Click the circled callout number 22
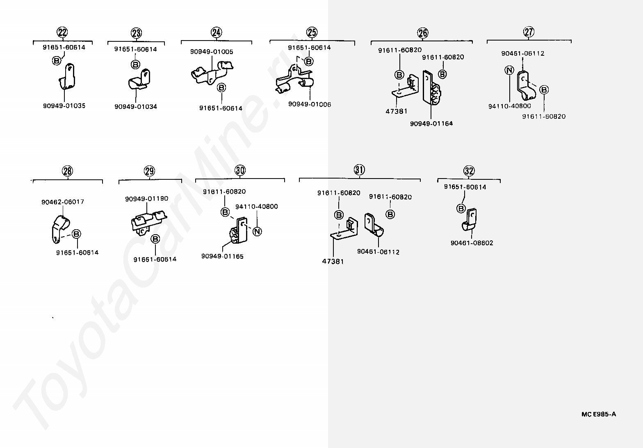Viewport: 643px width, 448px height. [62, 33]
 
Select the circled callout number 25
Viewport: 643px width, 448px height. [312, 32]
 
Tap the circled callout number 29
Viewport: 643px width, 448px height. [150, 171]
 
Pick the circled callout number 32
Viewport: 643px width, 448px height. [469, 171]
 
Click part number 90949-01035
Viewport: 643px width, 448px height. [64, 106]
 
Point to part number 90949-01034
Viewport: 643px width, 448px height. [136, 106]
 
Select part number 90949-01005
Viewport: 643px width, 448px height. [212, 52]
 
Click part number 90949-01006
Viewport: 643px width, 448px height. [310, 104]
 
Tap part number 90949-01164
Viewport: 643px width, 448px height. [431, 123]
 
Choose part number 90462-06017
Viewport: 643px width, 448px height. [63, 202]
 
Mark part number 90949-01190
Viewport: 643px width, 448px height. [146, 199]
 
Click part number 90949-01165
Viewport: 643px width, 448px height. [222, 256]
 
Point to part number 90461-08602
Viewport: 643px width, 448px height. [472, 243]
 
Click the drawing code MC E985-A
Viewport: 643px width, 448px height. [599, 414]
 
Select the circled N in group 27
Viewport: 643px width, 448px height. [509, 70]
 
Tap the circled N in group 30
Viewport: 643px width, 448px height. [257, 232]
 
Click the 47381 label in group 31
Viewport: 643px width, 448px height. [333, 261]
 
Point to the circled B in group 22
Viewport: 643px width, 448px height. [57, 61]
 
